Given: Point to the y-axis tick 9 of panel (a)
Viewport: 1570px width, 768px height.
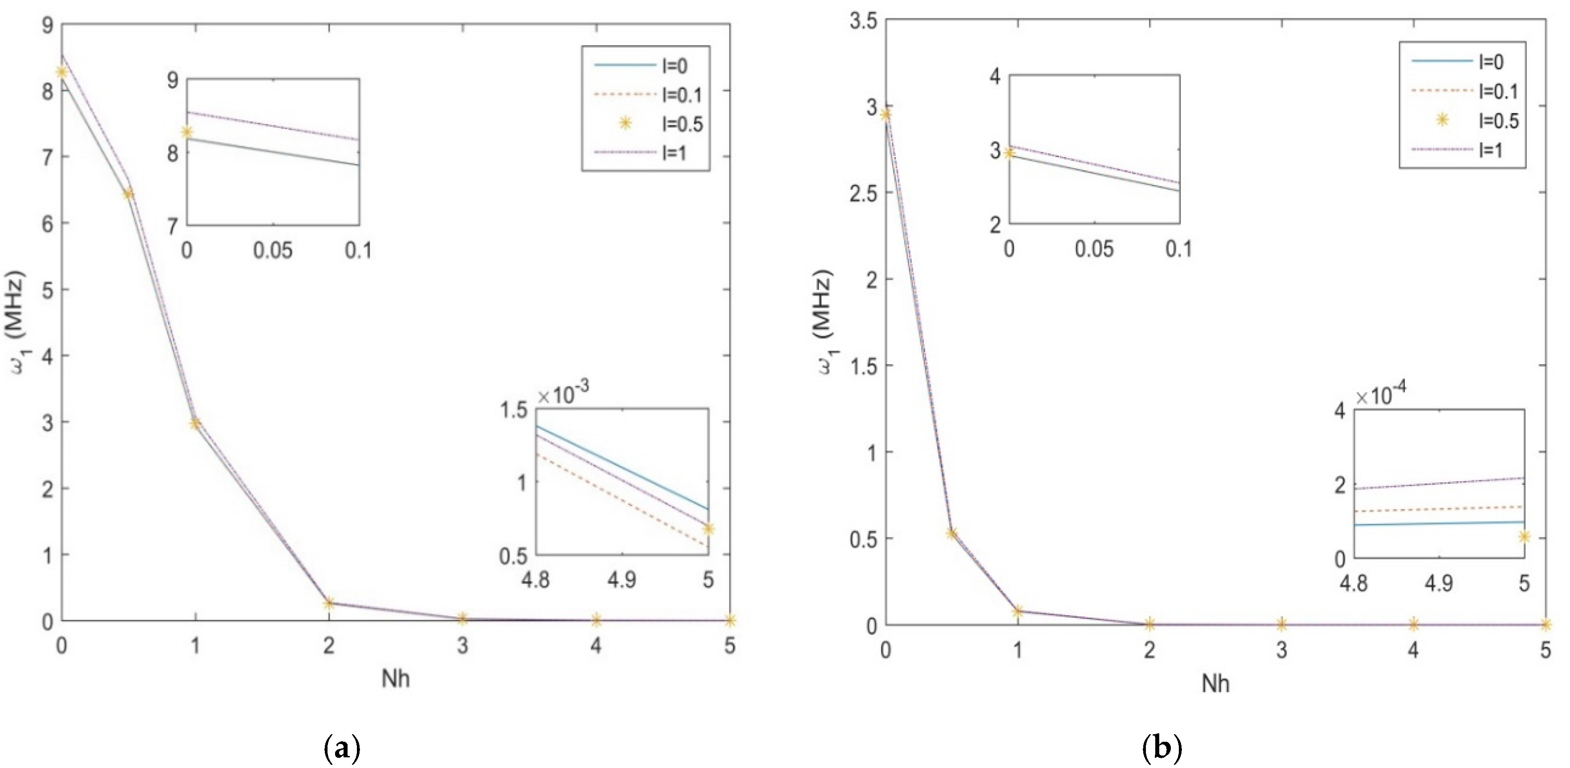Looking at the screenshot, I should [x=47, y=24].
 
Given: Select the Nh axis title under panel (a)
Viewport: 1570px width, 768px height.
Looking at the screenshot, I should [x=396, y=679].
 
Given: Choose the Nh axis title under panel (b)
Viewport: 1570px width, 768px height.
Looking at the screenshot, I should [x=1215, y=684].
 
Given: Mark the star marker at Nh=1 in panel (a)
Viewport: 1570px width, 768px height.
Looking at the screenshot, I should [x=195, y=423].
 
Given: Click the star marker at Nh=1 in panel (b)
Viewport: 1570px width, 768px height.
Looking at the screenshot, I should [x=1017, y=611].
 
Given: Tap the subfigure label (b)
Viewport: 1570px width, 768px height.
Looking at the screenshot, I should [x=1161, y=747].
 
